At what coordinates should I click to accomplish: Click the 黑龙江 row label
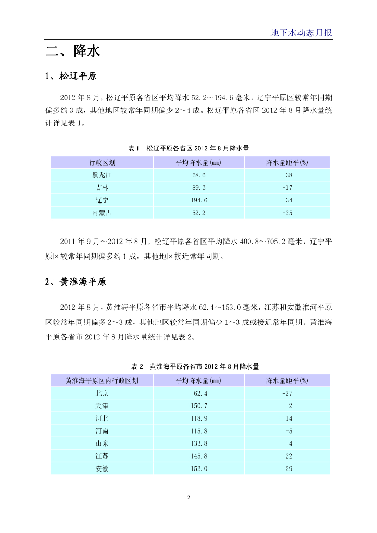point(102,175)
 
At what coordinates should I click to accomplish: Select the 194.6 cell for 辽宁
point(199,200)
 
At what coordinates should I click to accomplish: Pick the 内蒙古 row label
point(102,212)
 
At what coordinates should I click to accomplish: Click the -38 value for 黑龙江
point(287,175)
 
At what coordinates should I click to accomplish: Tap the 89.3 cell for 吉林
point(199,187)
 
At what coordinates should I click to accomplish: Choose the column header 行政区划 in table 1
point(102,162)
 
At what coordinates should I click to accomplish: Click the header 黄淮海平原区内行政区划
point(102,380)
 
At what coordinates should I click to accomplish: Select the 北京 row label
point(102,393)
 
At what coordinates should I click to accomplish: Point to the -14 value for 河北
point(287,418)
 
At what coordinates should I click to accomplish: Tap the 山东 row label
point(102,443)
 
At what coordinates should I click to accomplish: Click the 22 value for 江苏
point(288,456)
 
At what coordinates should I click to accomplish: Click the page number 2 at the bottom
point(188,498)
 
